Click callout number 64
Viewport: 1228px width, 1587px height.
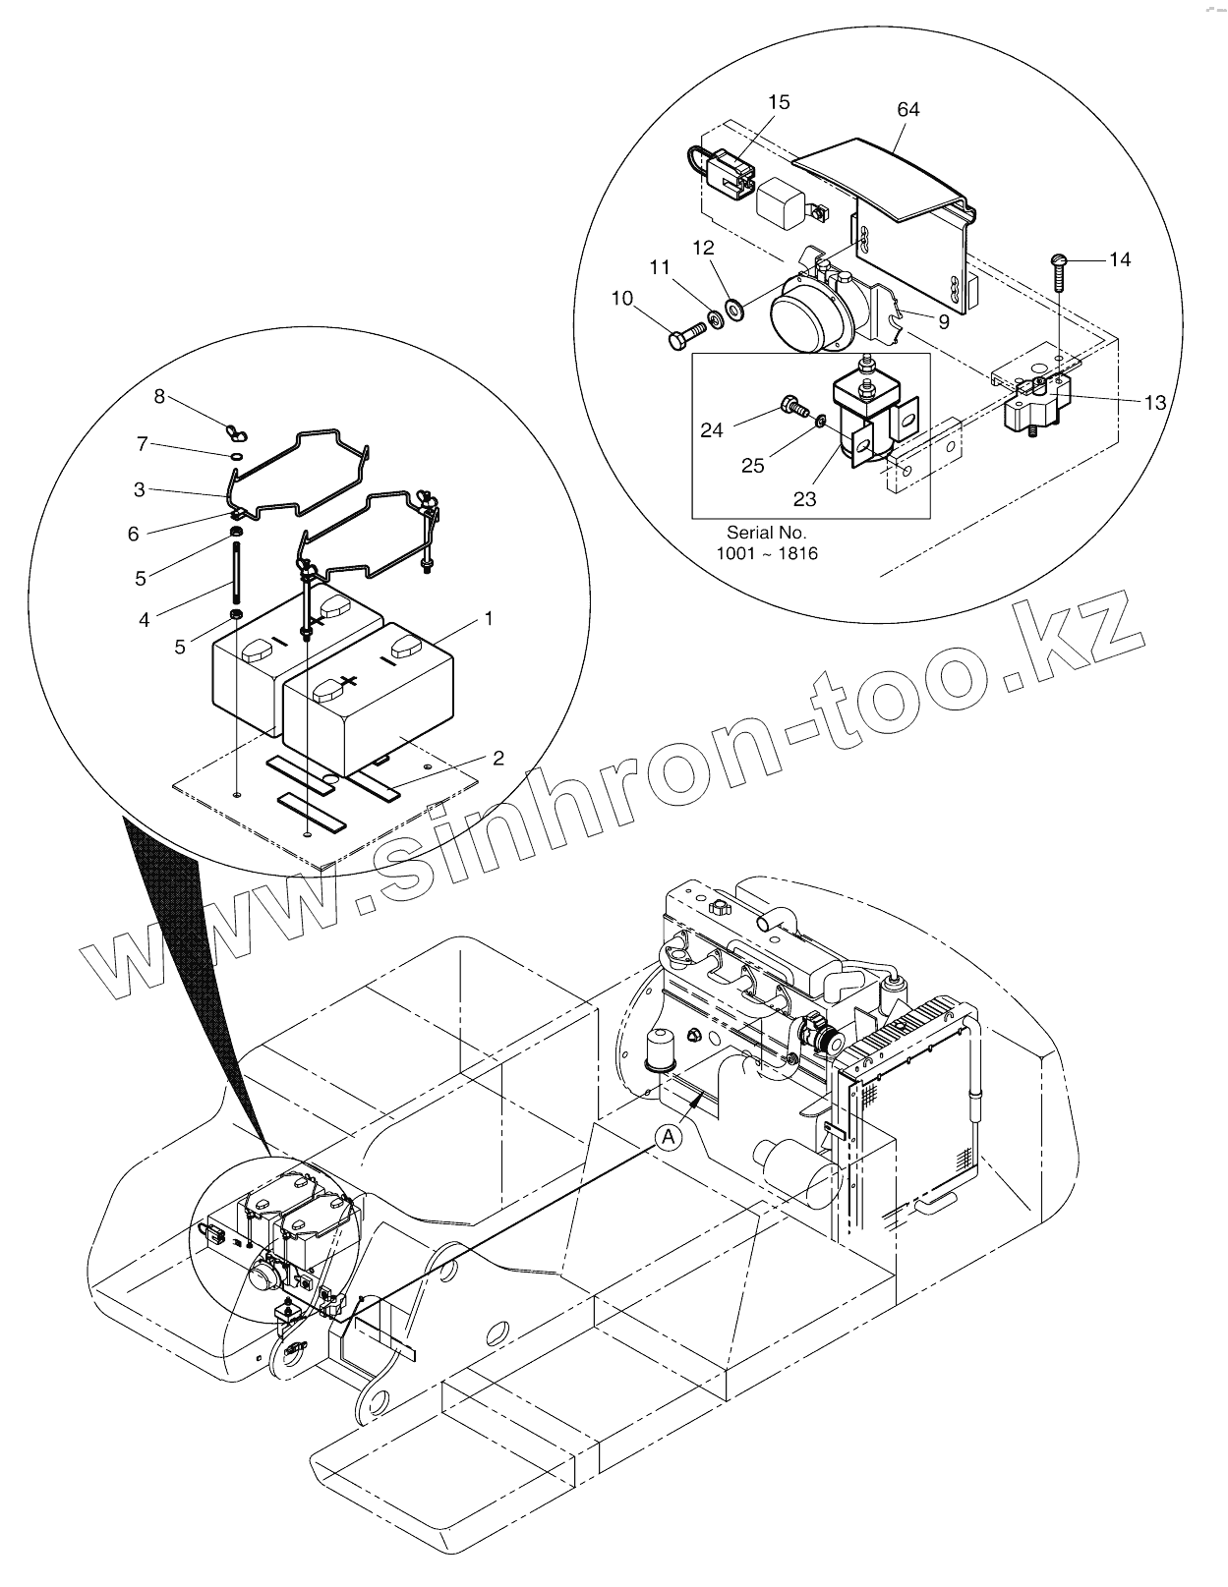(x=907, y=110)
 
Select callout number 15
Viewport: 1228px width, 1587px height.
(x=779, y=102)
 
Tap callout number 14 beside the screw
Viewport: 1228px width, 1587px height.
(x=1120, y=259)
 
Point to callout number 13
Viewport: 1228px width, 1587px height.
(x=1154, y=402)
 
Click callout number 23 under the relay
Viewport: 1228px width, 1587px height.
(x=804, y=499)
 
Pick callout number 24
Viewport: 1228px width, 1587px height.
(x=712, y=429)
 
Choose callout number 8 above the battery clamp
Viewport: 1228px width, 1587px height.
(x=159, y=396)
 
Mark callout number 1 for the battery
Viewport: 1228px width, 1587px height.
(x=489, y=618)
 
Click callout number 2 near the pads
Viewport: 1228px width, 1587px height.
(x=498, y=758)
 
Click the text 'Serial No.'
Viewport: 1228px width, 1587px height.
(x=766, y=533)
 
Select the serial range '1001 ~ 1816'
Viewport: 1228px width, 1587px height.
(x=766, y=553)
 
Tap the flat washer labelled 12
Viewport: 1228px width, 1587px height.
(x=733, y=311)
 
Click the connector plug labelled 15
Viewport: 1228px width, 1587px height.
(x=729, y=170)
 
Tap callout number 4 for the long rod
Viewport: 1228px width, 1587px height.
(x=145, y=620)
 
